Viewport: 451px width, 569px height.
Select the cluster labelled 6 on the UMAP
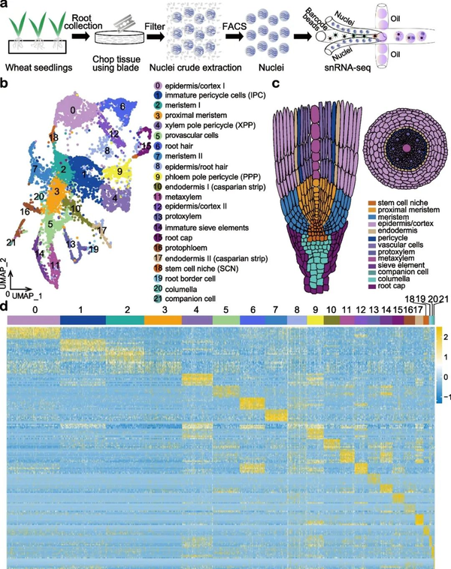click(123, 107)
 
